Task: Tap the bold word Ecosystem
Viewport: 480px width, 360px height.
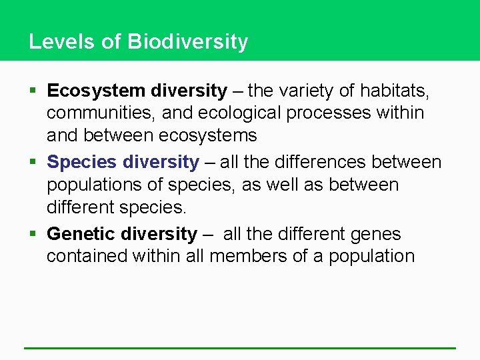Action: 96,90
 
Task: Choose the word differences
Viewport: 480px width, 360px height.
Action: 323,162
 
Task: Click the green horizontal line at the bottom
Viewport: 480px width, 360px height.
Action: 240,348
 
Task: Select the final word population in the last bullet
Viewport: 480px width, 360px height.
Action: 371,257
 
